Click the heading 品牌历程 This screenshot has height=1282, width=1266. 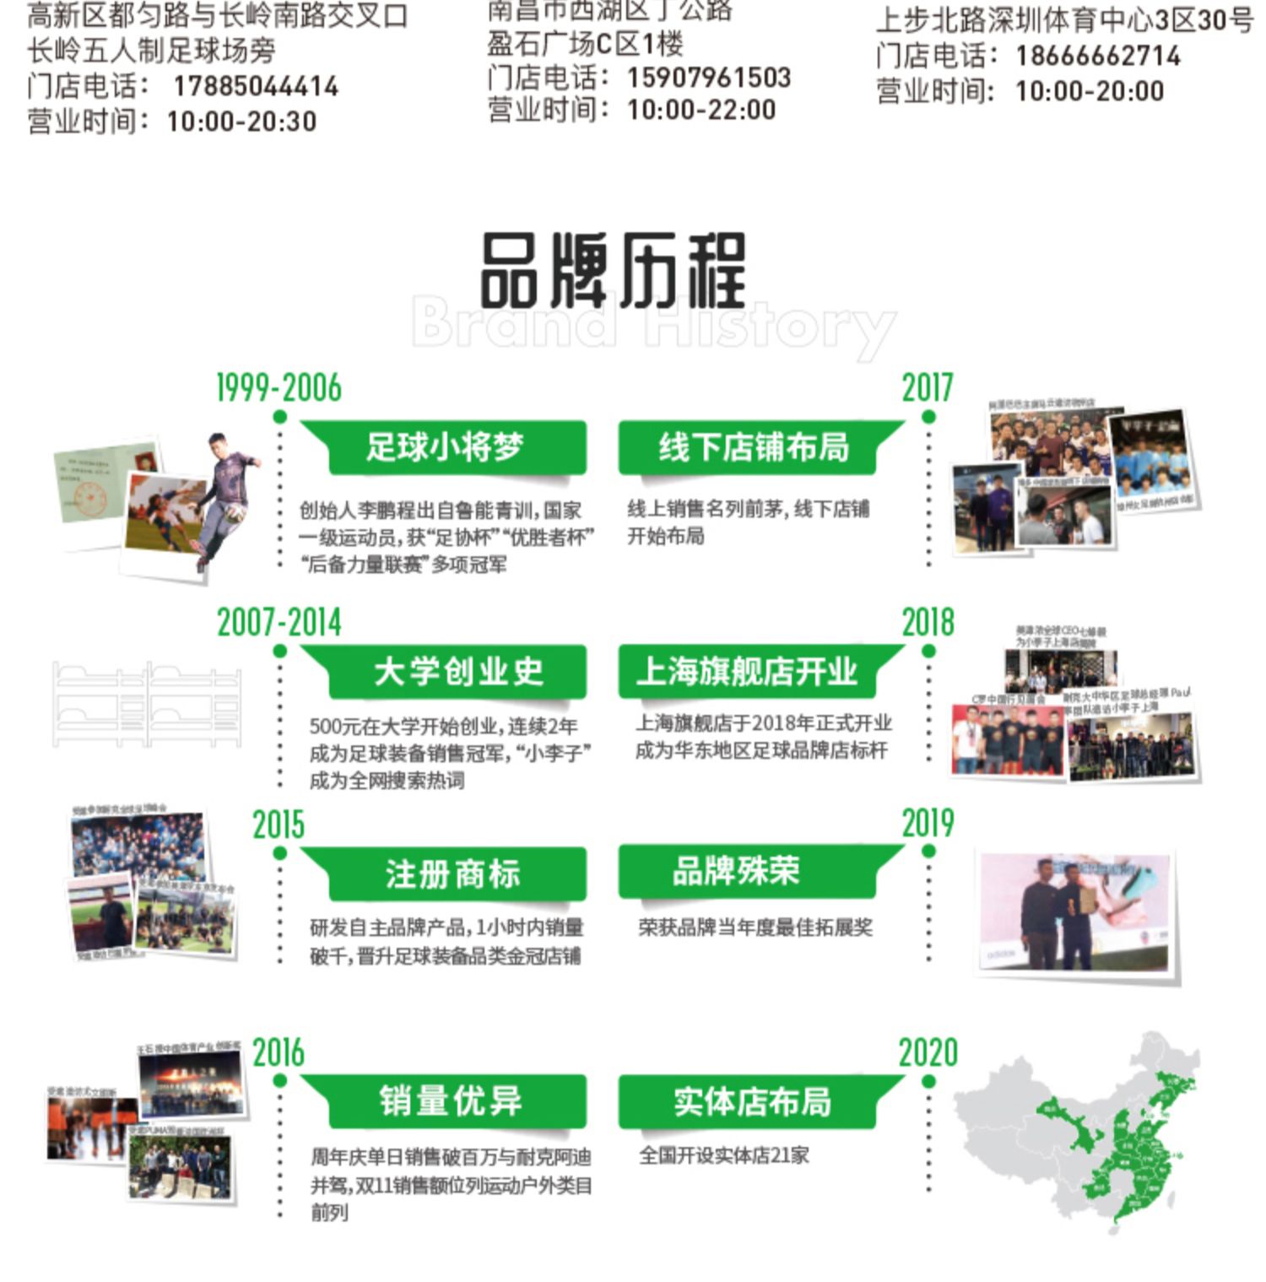point(613,271)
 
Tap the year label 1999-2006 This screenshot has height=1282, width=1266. point(279,388)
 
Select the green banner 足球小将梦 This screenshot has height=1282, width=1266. point(445,447)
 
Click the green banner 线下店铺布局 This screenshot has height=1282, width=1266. point(754,447)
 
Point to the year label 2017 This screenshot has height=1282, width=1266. point(927,388)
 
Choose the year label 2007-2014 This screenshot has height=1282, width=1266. point(279,623)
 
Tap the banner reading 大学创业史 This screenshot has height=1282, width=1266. point(458,672)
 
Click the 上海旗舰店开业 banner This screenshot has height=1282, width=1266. point(747,672)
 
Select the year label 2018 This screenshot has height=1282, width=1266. point(928,623)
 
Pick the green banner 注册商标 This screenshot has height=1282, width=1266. point(452,874)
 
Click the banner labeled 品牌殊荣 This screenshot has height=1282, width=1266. point(735,872)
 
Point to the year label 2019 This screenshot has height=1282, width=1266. point(928,824)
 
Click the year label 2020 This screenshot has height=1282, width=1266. point(928,1053)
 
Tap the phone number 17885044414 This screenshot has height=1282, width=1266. point(256,86)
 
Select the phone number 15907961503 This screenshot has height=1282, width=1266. point(709,78)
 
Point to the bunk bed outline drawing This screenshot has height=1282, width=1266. point(147,704)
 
